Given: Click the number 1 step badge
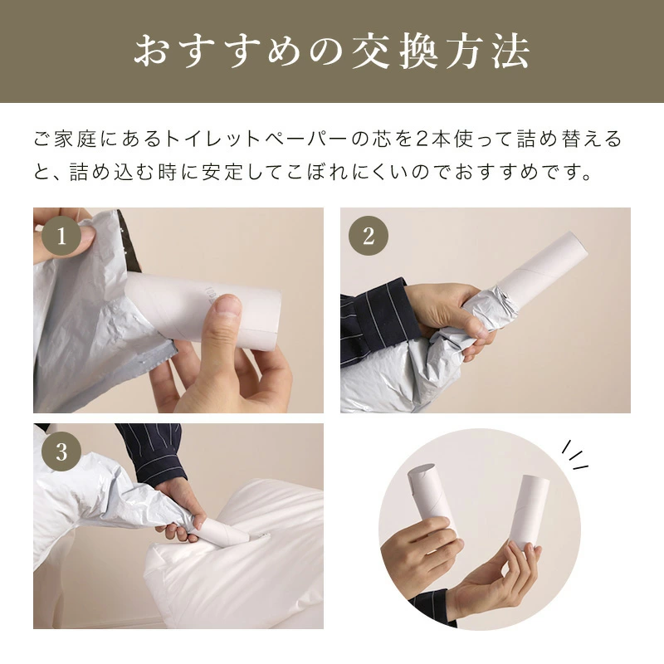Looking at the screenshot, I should click(61, 236).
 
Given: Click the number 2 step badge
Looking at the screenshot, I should click(368, 236).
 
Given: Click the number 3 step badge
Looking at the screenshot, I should click(61, 452).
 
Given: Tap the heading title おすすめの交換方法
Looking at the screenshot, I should click(332, 51).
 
